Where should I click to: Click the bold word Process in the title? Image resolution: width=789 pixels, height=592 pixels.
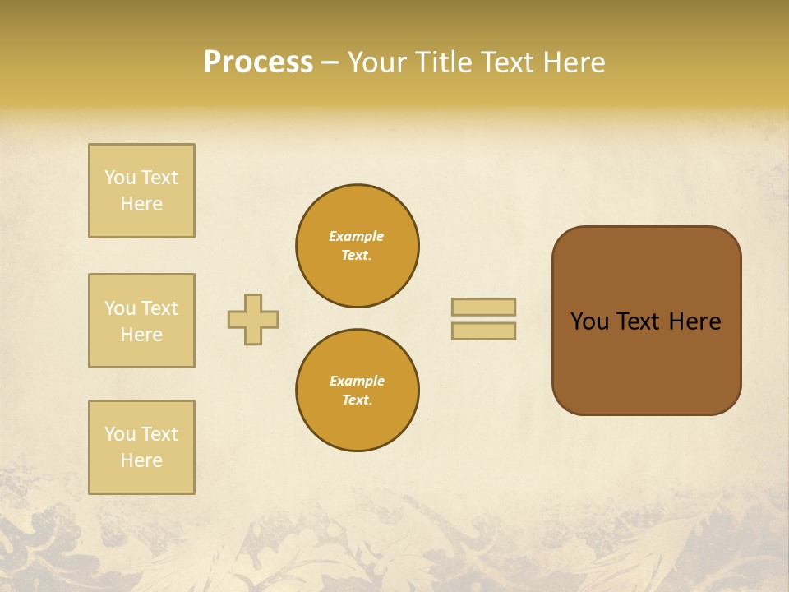(x=258, y=62)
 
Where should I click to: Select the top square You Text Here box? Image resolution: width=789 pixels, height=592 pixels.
(x=141, y=191)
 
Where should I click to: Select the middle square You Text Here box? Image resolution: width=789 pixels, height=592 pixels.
(x=141, y=321)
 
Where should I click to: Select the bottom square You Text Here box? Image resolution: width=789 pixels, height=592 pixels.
(x=141, y=447)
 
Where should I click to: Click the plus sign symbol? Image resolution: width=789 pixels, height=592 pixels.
(x=253, y=319)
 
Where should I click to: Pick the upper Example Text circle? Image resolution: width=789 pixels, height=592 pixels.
(x=357, y=246)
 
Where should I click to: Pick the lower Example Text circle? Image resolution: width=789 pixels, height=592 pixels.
(x=357, y=391)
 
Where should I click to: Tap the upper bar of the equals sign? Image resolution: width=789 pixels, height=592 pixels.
(x=483, y=307)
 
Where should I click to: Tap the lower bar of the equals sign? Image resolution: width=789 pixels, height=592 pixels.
(x=483, y=331)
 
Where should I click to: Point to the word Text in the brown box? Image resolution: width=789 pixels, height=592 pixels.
(x=638, y=321)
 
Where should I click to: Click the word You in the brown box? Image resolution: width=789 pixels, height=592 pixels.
(x=589, y=321)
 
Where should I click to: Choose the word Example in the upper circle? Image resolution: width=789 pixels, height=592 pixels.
(x=357, y=236)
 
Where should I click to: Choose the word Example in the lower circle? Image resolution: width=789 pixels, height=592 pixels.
(x=357, y=381)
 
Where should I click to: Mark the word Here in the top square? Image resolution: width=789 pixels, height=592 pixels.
(x=141, y=204)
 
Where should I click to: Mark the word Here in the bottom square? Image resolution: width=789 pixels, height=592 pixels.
(x=141, y=460)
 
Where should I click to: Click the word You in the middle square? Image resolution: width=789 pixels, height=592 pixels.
(x=120, y=308)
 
